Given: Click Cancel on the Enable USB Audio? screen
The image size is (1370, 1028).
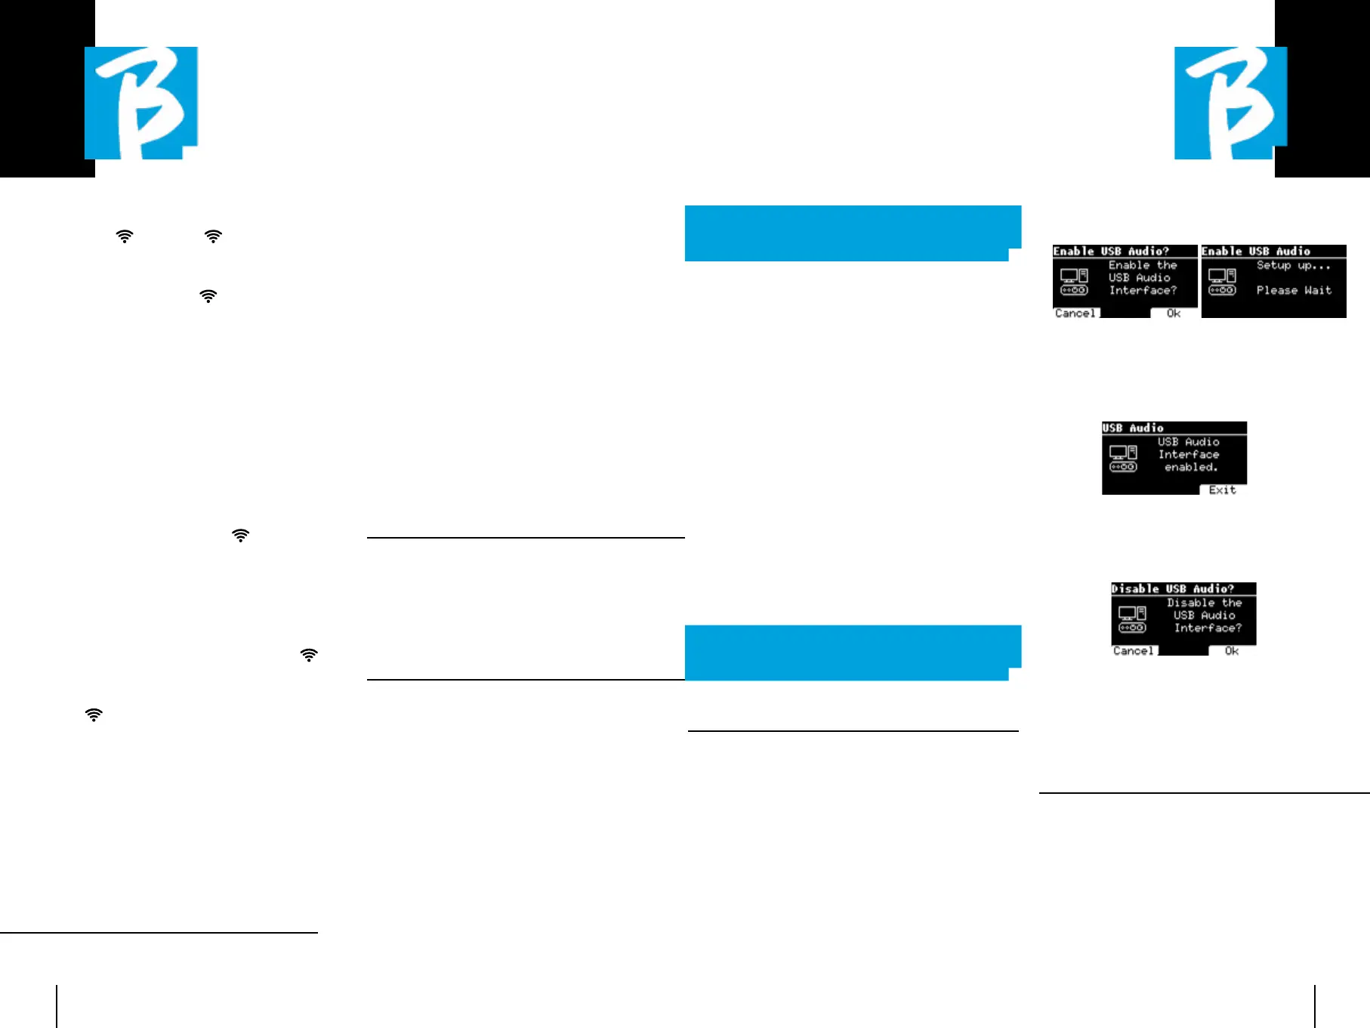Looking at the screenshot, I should pos(1075,313).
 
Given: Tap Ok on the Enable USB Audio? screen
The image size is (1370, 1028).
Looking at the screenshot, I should pos(1174,313).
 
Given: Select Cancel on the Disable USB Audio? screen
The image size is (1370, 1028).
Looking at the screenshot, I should pos(1133,651).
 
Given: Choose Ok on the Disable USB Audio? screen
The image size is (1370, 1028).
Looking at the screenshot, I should pos(1232,651).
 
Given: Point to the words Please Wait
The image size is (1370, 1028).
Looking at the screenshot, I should pos(1294,291).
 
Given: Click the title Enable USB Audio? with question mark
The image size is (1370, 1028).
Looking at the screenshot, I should pos(1111,252).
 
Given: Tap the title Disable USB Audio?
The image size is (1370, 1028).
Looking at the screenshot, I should pos(1173,589).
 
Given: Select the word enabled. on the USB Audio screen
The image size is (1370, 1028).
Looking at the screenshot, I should pos(1191,468).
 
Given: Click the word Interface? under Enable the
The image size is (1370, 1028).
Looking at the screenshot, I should pos(1143,291).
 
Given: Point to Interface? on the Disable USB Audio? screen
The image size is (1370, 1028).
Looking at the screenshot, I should pos(1208,628).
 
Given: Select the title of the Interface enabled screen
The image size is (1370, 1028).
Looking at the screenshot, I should pos(1133,428).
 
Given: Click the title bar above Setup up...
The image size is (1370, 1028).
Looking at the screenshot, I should pos(1256,252).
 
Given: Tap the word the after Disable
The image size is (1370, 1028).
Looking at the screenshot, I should pos(1232,603).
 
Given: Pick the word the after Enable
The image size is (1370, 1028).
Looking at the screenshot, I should pos(1167,265).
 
